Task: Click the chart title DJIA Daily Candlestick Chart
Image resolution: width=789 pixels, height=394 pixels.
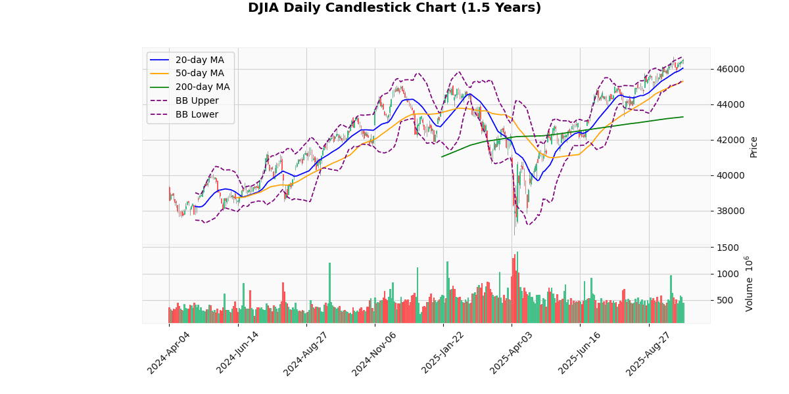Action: point(394,8)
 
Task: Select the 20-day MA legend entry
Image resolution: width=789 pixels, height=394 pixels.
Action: point(199,60)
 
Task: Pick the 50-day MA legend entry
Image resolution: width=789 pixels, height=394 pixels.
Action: point(199,74)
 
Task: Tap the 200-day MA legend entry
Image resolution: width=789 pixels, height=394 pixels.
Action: point(202,87)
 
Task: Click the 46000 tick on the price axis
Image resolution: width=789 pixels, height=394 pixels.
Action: point(730,69)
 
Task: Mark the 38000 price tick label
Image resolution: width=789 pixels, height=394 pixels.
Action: point(730,211)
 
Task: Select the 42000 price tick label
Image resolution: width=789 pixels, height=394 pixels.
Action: point(730,140)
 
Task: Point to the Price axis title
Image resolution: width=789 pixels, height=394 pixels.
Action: point(754,146)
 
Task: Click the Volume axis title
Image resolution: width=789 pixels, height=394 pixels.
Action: point(750,284)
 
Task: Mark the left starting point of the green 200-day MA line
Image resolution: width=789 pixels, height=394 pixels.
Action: point(441,156)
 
